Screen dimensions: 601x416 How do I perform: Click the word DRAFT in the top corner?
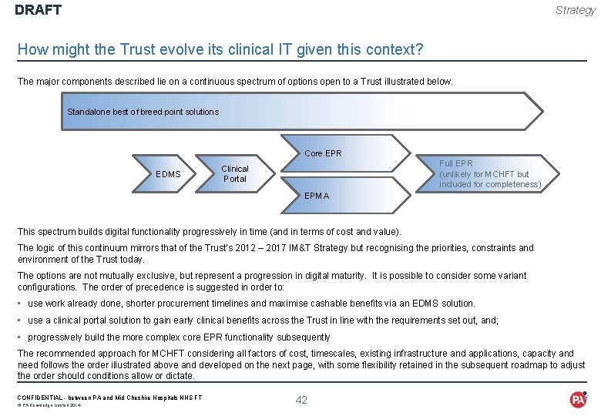[38, 10]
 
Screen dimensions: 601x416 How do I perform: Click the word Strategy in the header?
[576, 10]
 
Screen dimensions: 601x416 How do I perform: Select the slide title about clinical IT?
[220, 49]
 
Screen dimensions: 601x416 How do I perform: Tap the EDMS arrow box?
[168, 174]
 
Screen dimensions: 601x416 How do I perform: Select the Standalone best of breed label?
[143, 112]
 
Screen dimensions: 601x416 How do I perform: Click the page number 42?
[301, 399]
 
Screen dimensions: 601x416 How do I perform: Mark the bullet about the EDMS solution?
[251, 304]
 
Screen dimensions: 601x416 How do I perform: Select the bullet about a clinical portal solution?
[264, 320]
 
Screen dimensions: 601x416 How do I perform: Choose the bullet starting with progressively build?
[179, 337]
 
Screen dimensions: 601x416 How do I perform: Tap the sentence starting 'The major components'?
[235, 81]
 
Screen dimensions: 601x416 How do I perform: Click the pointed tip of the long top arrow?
[541, 112]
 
